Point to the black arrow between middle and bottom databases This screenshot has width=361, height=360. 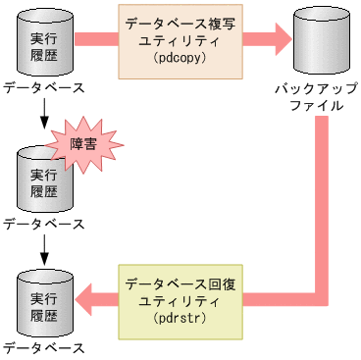(42, 253)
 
